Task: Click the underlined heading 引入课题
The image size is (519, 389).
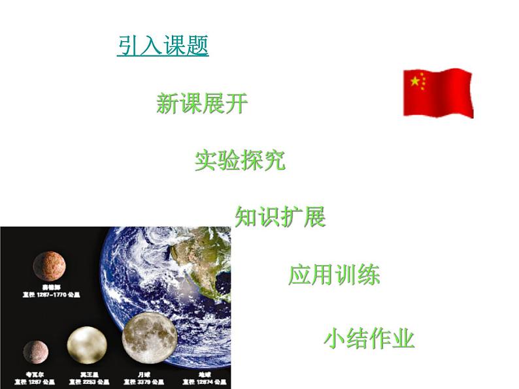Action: [x=163, y=46]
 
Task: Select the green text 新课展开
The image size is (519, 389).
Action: [x=202, y=103]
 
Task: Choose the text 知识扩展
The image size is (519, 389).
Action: [x=280, y=217]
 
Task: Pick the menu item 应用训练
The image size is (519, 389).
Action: [x=333, y=275]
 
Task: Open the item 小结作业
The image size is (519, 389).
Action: [x=369, y=339]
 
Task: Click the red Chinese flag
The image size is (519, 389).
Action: [x=437, y=92]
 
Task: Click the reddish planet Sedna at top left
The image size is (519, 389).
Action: [x=49, y=266]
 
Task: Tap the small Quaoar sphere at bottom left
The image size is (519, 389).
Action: [x=35, y=352]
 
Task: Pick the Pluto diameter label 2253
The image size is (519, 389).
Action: [x=90, y=381]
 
